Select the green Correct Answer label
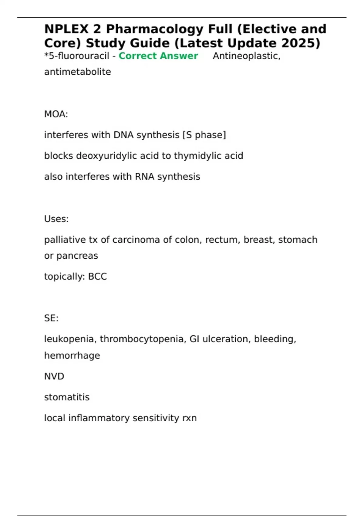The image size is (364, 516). [x=158, y=56]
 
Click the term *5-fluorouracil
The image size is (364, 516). [x=76, y=56]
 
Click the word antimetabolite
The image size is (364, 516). [x=77, y=72]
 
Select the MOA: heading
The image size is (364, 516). [x=56, y=114]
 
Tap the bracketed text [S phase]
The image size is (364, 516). [x=204, y=135]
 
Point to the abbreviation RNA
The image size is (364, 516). [x=144, y=177]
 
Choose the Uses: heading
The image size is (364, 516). [x=56, y=219]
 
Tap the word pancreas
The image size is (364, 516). [x=77, y=256]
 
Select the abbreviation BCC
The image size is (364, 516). [x=97, y=277]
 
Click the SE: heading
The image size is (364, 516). [x=51, y=318]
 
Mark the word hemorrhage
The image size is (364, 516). [x=72, y=355]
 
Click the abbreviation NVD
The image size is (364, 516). [x=54, y=376]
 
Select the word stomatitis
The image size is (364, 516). [x=67, y=397]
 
